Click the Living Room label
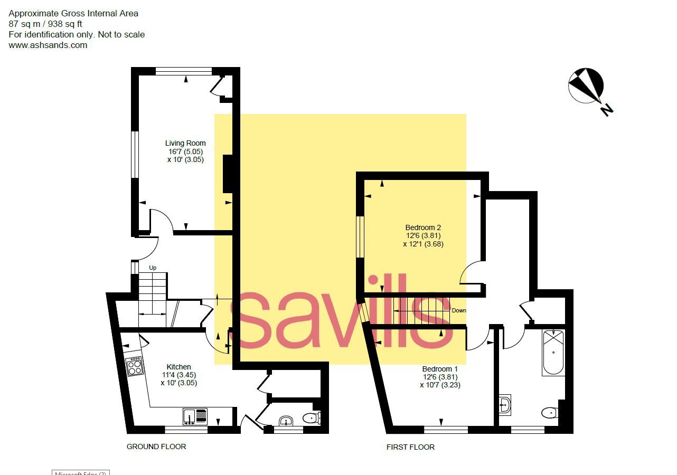pyautogui.click(x=185, y=143)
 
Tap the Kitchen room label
pyautogui.click(x=179, y=367)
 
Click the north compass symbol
pyautogui.click(x=586, y=86)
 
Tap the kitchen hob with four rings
pyautogui.click(x=134, y=366)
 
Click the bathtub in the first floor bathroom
pyautogui.click(x=553, y=352)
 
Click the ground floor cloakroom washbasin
pyautogui.click(x=286, y=421)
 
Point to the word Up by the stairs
pyautogui.click(x=153, y=268)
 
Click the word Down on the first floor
pyautogui.click(x=459, y=310)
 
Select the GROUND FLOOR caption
pyautogui.click(x=156, y=446)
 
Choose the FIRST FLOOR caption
pyautogui.click(x=410, y=447)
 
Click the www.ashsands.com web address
pyautogui.click(x=48, y=45)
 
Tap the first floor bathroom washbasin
pyautogui.click(x=505, y=405)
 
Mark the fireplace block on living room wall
pyautogui.click(x=228, y=174)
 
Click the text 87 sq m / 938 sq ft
pyautogui.click(x=45, y=24)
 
